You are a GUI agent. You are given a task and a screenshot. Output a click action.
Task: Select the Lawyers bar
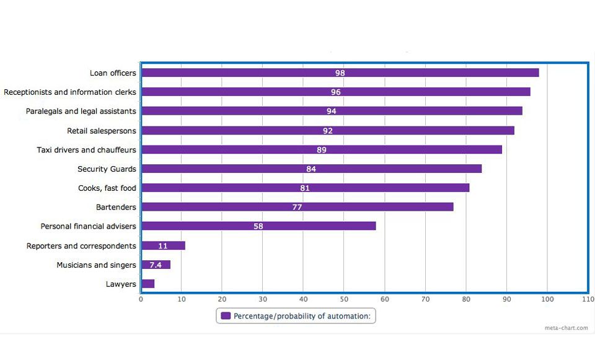click(148, 284)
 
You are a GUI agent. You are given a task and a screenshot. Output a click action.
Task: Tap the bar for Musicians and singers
click(156, 265)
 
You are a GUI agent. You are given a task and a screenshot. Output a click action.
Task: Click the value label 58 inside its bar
click(258, 226)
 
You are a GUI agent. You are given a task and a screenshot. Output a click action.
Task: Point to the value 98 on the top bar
click(340, 72)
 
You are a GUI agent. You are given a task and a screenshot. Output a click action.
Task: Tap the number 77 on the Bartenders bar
click(297, 207)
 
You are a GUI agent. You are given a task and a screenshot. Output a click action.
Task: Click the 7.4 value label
click(156, 265)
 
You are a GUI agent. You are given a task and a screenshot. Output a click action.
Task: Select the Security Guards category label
click(107, 169)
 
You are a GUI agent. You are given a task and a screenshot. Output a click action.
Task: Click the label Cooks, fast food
click(107, 188)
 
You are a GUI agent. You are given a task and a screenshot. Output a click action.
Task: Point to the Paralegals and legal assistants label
click(81, 111)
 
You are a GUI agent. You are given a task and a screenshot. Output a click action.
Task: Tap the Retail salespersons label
click(102, 130)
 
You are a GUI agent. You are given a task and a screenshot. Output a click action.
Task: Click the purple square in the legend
click(226, 316)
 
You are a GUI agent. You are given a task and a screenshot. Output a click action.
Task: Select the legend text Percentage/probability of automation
click(302, 316)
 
